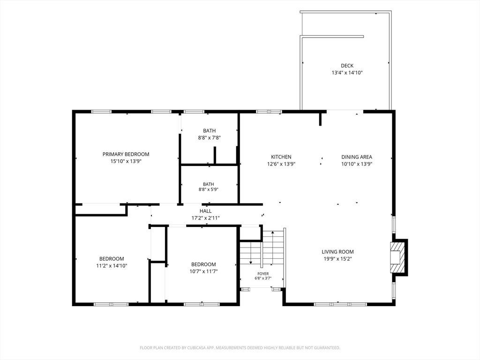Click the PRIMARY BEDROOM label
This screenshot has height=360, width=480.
(126, 154)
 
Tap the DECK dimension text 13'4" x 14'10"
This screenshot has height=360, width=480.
(347, 73)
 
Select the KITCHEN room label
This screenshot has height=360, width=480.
(281, 157)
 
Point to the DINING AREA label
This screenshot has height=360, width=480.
(357, 157)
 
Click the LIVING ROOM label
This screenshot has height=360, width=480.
(337, 252)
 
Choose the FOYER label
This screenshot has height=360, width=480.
(263, 274)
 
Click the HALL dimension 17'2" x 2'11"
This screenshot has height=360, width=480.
(206, 218)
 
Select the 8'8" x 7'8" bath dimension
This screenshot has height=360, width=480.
(210, 138)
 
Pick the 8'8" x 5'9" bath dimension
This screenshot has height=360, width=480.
(209, 189)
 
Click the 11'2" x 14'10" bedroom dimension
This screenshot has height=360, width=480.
(112, 266)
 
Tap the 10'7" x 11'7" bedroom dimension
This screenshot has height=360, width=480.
(203, 271)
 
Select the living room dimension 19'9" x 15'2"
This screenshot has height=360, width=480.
(337, 259)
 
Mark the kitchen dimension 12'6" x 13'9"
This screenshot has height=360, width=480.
(281, 164)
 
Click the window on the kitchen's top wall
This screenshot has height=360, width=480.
(269, 112)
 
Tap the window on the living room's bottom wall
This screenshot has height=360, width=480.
(340, 304)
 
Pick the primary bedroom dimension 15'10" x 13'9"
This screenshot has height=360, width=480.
(126, 161)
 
